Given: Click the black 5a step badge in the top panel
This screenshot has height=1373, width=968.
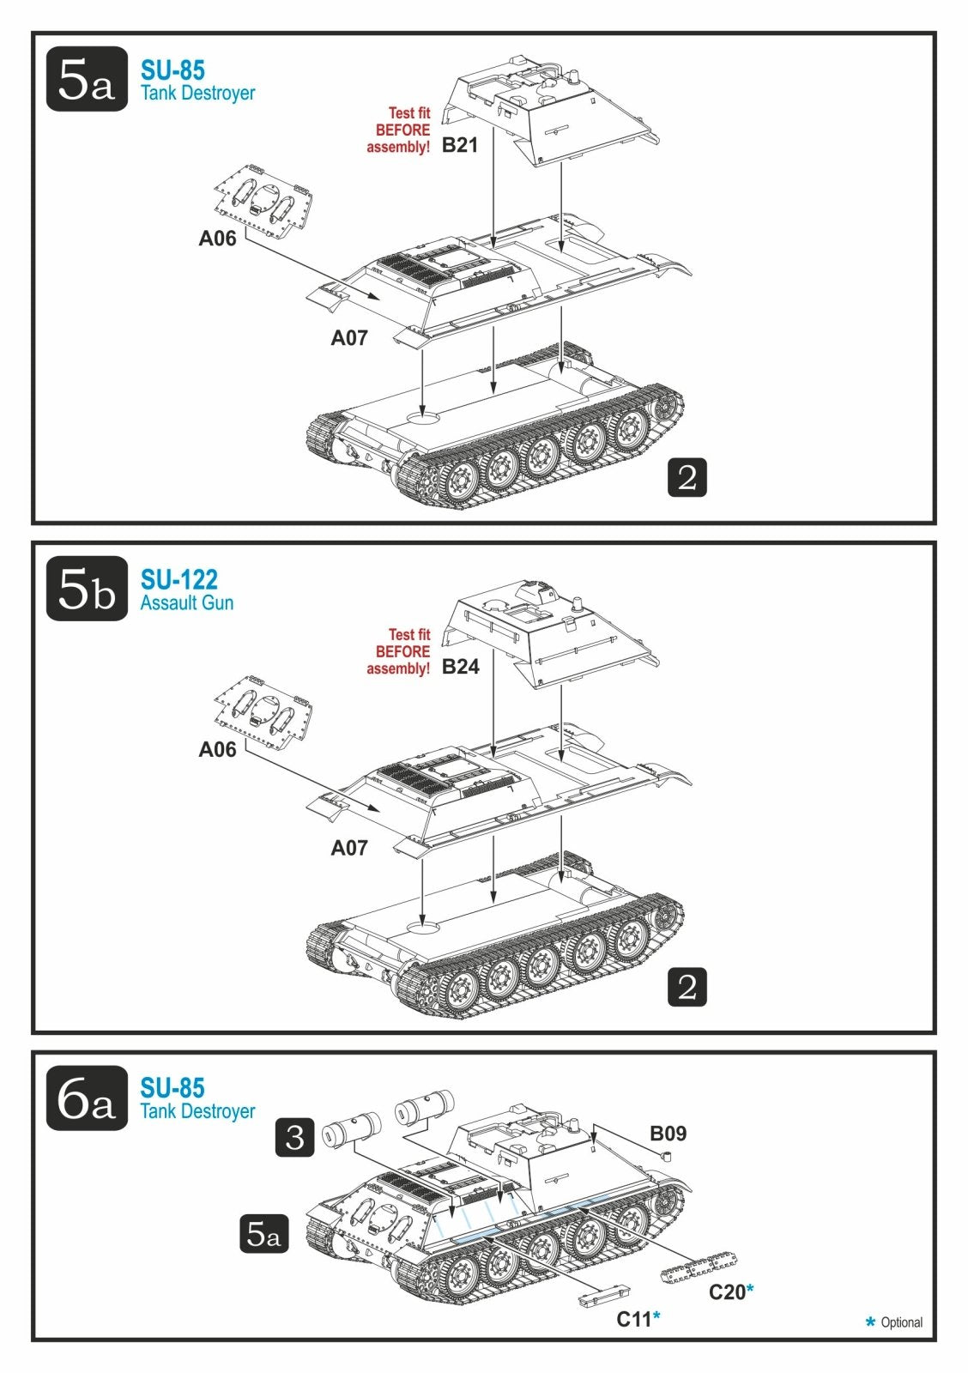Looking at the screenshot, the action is (87, 78).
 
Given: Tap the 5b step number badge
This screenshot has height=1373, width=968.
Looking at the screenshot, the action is (87, 588).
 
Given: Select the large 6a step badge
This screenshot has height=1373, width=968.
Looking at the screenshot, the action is (87, 1098).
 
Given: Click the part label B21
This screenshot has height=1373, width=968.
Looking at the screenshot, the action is (460, 145).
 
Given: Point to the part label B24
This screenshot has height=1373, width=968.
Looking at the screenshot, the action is (460, 666).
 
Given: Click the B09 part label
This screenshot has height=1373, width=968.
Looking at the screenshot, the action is (669, 1134).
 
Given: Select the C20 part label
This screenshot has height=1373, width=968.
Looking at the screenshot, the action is (727, 1291).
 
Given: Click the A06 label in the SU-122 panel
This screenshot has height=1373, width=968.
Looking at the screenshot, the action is (217, 749).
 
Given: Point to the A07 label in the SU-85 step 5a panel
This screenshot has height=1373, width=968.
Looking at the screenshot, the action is (348, 338).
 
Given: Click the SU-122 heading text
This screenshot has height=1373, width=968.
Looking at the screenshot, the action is (179, 579).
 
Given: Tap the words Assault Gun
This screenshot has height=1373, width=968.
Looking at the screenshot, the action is (187, 602).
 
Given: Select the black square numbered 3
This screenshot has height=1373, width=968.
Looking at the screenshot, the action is (295, 1137).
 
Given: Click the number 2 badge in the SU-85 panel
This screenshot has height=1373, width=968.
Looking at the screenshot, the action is (687, 477).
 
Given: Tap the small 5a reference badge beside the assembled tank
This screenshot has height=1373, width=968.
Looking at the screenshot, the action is (263, 1233).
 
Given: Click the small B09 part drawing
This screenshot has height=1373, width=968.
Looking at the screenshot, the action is (667, 1155).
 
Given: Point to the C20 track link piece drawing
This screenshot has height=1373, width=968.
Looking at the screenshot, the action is (699, 1267).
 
